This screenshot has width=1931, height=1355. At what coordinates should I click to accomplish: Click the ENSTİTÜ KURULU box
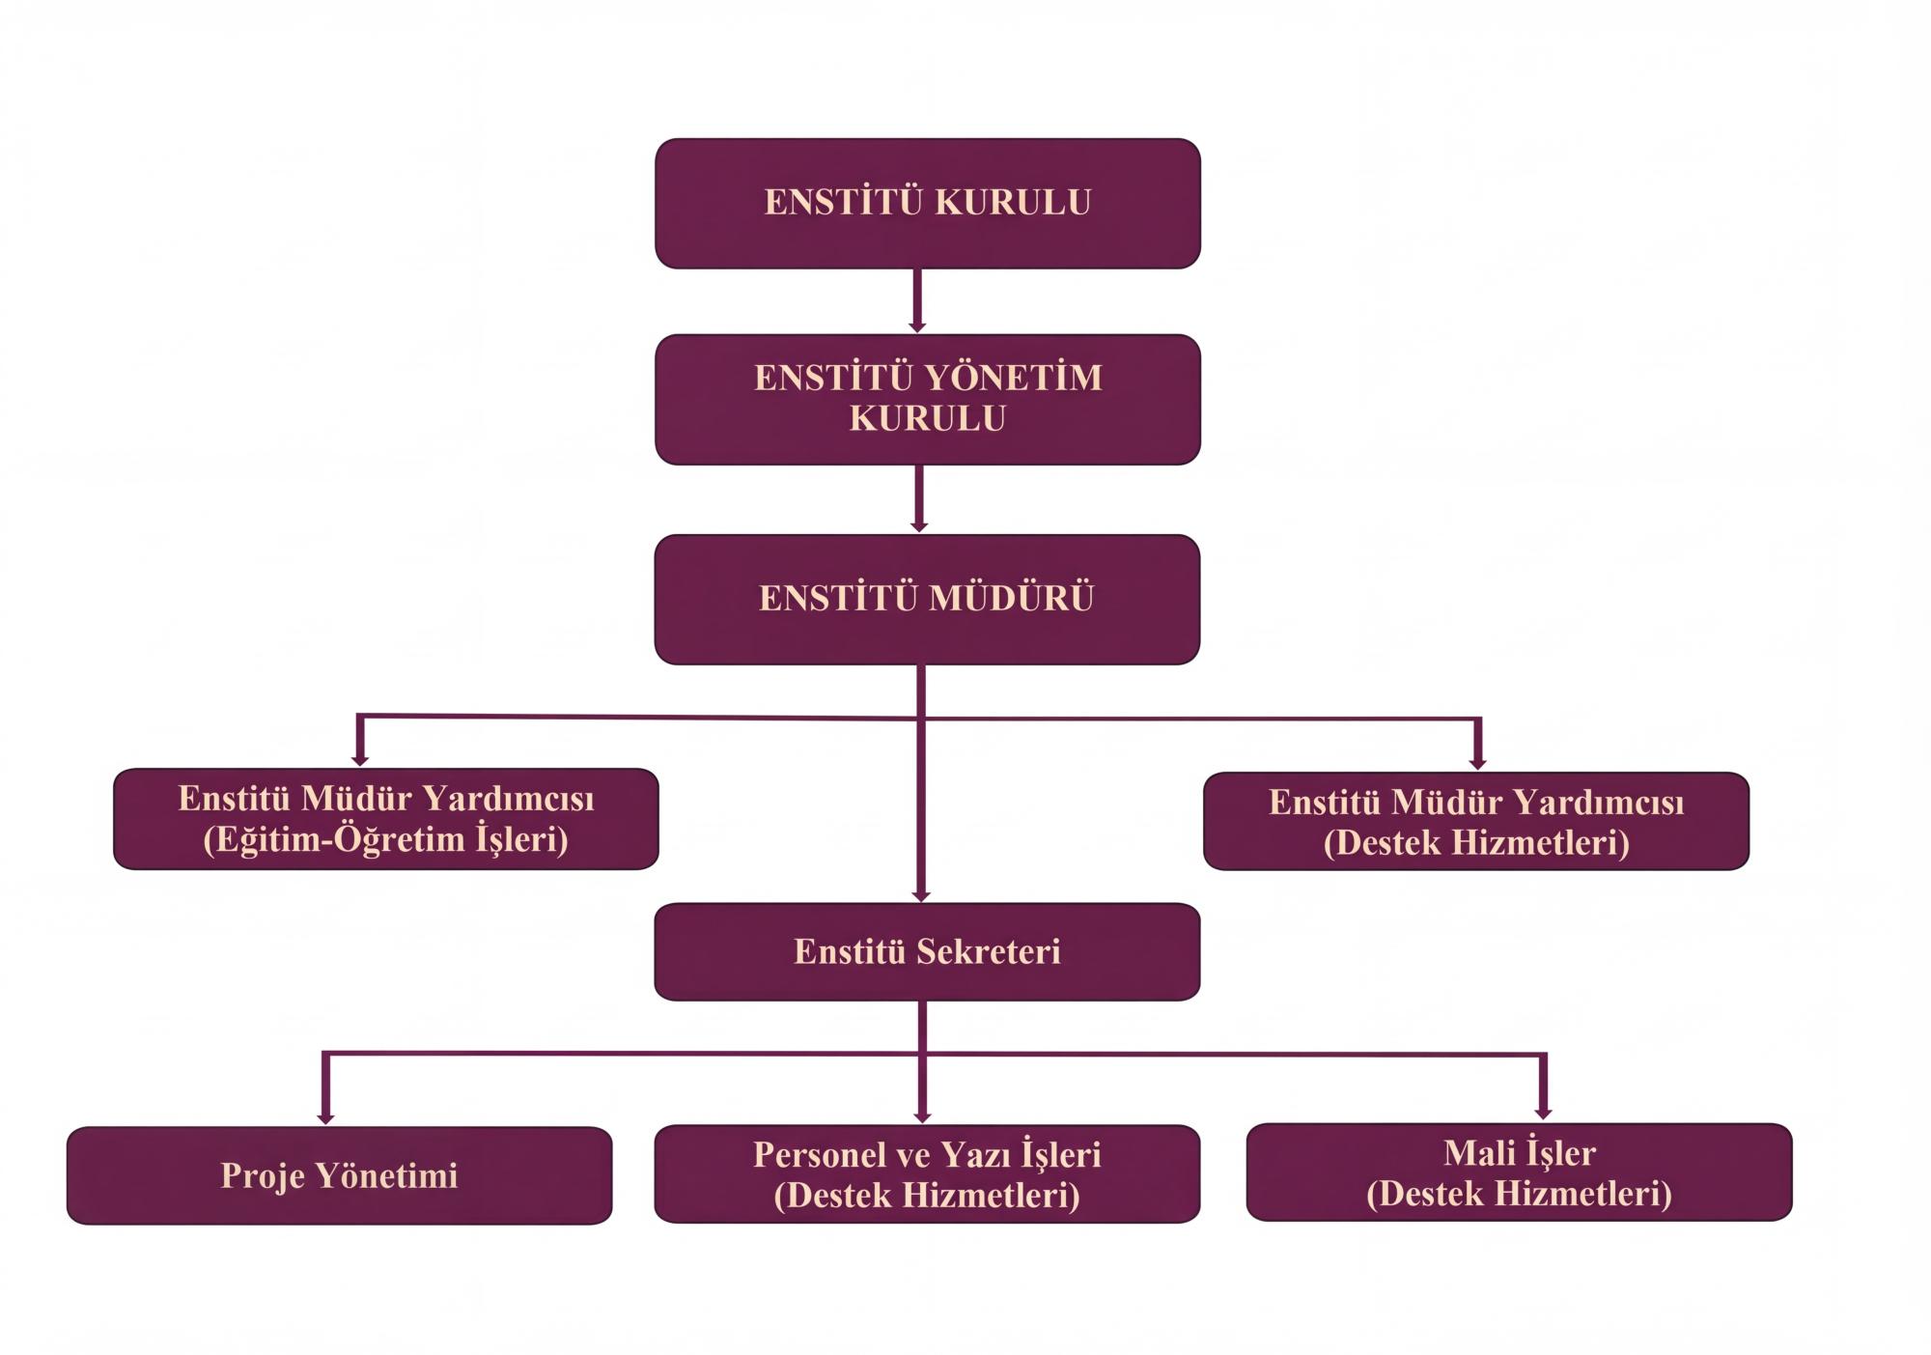927,203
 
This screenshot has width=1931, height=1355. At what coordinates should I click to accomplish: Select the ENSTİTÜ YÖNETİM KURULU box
927,399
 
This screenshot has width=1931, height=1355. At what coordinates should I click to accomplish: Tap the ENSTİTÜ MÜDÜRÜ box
927,599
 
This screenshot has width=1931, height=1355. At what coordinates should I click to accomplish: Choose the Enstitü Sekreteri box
927,951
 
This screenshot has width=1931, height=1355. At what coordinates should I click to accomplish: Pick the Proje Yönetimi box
339,1175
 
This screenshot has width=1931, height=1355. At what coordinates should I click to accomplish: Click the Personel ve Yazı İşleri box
927,1173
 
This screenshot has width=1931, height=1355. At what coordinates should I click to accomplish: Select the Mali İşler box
1519,1172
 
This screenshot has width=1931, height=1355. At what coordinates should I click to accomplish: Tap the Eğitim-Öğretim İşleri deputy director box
386,819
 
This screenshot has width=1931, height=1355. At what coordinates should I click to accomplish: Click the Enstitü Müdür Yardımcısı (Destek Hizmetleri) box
1476,821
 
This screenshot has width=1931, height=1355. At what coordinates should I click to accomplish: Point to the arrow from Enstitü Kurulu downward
917,300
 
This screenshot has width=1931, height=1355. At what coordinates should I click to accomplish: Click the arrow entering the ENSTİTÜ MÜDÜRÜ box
919,498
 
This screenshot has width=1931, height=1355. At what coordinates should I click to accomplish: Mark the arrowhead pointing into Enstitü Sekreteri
921,895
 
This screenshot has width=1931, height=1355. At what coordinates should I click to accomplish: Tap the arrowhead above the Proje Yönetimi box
325,1116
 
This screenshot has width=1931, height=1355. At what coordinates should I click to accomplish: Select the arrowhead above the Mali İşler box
1543,1113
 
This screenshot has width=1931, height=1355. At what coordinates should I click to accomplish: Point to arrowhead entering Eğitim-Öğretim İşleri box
359,760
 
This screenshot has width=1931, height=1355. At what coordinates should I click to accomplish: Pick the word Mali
1477,1153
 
